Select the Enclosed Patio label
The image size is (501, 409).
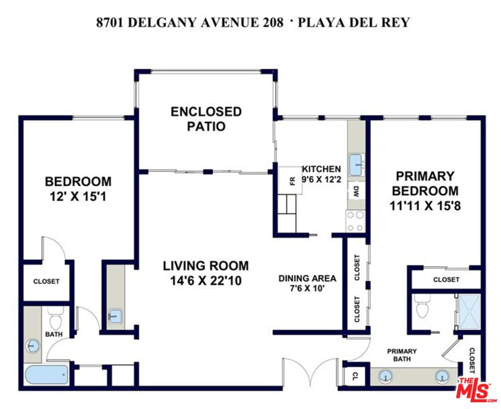tap(206, 119)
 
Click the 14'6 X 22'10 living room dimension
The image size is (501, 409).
tap(205, 280)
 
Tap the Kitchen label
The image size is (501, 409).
tap(321, 169)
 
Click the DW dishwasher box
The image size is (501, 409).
tap(356, 191)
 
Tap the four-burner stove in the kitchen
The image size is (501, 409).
tap(356, 220)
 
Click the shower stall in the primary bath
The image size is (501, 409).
tap(468, 312)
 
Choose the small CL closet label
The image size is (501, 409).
tap(355, 376)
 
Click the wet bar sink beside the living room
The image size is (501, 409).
tap(115, 316)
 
